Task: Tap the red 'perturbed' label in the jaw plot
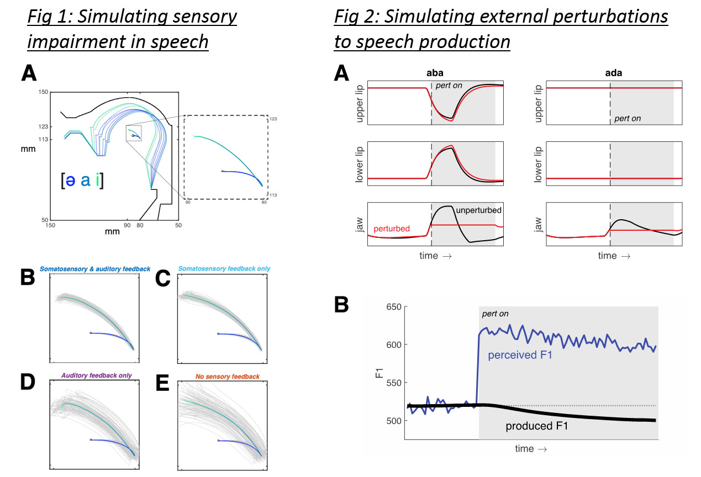coord(392,228)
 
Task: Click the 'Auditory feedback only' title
coord(95,376)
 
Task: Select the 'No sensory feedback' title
coord(222,376)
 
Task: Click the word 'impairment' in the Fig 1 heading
coord(68,41)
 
